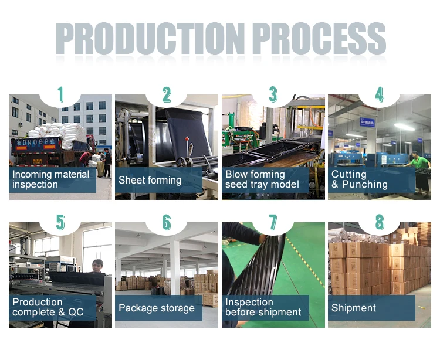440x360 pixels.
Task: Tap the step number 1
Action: pos(60,94)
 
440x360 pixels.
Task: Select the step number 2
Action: pos(167,94)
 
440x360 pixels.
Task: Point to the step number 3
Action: pos(273,94)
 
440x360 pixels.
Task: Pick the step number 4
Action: pos(380,94)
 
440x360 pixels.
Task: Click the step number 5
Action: pos(60,222)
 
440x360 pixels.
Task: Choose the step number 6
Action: pos(167,222)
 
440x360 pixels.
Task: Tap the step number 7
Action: pos(273,222)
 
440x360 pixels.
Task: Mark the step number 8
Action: pos(380,222)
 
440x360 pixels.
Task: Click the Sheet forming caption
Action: pos(150,180)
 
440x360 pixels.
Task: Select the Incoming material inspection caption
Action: pos(52,179)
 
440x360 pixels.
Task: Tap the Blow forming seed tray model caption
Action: pos(263,179)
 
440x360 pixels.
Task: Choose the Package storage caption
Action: pos(157,308)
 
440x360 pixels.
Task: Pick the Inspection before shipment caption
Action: pos(263,307)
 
